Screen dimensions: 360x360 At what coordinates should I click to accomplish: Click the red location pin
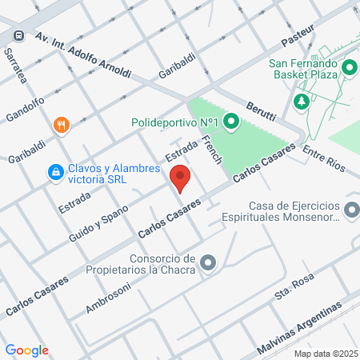click(x=180, y=178)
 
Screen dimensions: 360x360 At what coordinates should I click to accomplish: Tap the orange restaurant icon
click(x=61, y=125)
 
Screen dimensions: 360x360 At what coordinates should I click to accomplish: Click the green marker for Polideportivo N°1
click(x=231, y=122)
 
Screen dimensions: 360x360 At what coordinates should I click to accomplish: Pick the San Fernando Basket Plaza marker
click(x=349, y=67)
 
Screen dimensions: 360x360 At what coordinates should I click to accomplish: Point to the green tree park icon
click(x=302, y=102)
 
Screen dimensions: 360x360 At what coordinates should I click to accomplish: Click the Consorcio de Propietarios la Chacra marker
click(x=208, y=262)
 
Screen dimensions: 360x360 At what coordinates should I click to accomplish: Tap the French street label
click(x=212, y=150)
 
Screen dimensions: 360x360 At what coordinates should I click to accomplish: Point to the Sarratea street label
click(x=17, y=67)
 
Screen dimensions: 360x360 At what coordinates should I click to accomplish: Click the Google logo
click(x=26, y=350)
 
